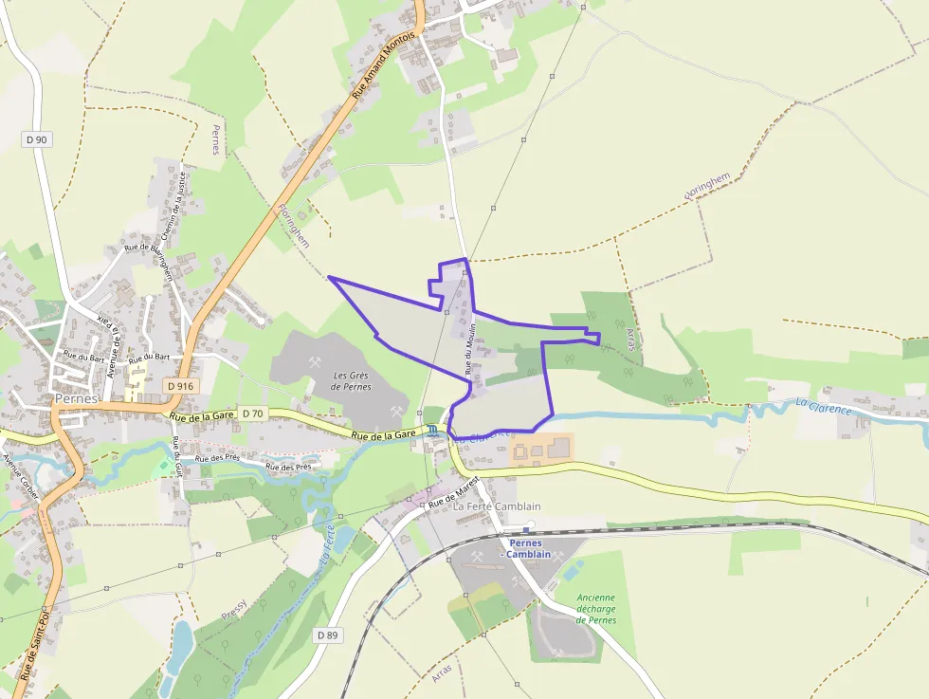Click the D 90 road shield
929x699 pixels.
37,139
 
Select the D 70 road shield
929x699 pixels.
252,414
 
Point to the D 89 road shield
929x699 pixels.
327,635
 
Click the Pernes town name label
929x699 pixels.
76,399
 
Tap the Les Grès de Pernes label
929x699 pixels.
351,380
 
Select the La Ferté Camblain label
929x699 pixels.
497,506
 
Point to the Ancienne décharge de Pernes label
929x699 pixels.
596,609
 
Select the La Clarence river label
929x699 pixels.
824,406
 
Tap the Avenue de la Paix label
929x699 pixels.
112,345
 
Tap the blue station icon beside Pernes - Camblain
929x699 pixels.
528,530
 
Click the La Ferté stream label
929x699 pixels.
326,543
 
